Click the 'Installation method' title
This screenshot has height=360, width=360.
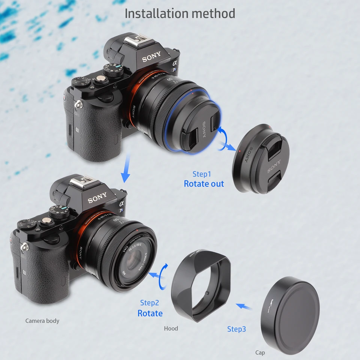pos(180,13)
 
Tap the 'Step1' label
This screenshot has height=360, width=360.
pos(202,174)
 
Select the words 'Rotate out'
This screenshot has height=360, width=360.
pos(204,184)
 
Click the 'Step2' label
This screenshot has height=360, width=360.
pos(149,303)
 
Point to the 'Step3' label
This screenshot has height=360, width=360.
pos(237,329)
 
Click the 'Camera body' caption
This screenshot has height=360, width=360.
pos(42,321)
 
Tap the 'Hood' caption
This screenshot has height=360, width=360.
pos(171,328)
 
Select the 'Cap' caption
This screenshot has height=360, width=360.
pos(260,352)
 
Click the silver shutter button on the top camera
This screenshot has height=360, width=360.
pos(100,79)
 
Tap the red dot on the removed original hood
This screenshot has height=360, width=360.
pos(239,151)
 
